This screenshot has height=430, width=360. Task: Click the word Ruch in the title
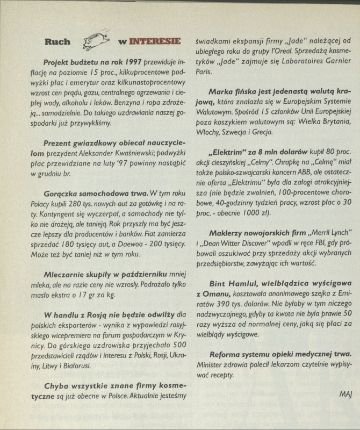click(x=56, y=41)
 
